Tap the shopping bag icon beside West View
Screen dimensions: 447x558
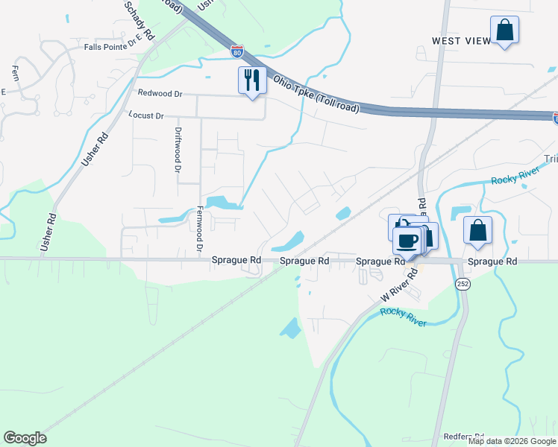coord(504,31)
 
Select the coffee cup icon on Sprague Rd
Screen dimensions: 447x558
coord(407,241)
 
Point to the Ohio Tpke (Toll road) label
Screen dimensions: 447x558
coord(316,93)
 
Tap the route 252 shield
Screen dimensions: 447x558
coord(461,285)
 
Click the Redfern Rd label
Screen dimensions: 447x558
coord(464,437)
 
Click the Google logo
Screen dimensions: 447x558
coord(25,438)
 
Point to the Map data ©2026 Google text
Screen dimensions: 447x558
coord(512,441)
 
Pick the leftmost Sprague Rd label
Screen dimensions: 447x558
coord(236,261)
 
